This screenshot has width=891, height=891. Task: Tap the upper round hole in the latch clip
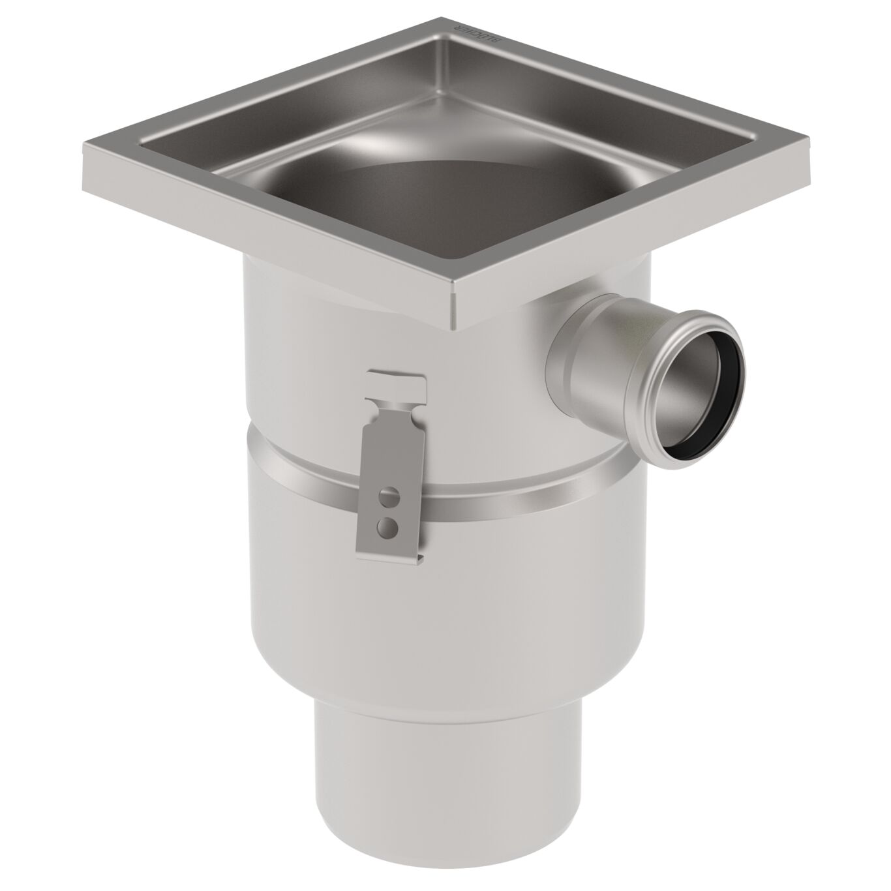pos(389,496)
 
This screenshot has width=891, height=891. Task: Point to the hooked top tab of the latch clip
pos(398,381)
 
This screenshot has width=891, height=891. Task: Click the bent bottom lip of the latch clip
pos(391,555)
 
